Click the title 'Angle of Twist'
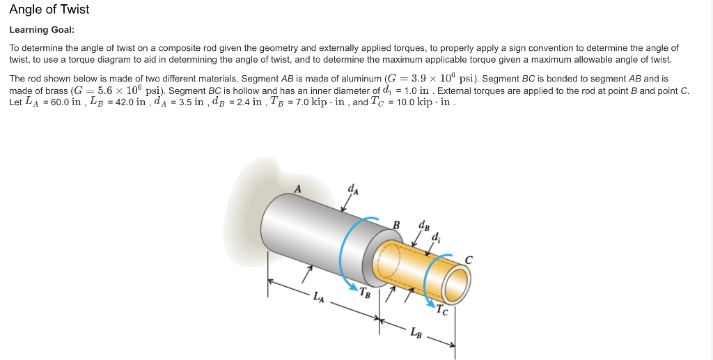49,10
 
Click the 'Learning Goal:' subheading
41,30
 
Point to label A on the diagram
298,188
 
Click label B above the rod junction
396,224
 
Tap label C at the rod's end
469,260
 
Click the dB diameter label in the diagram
424,225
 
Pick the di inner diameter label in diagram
435,237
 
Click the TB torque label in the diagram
365,291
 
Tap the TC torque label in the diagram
442,311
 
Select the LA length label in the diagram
318,299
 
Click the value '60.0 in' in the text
67,102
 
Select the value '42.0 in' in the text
131,102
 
